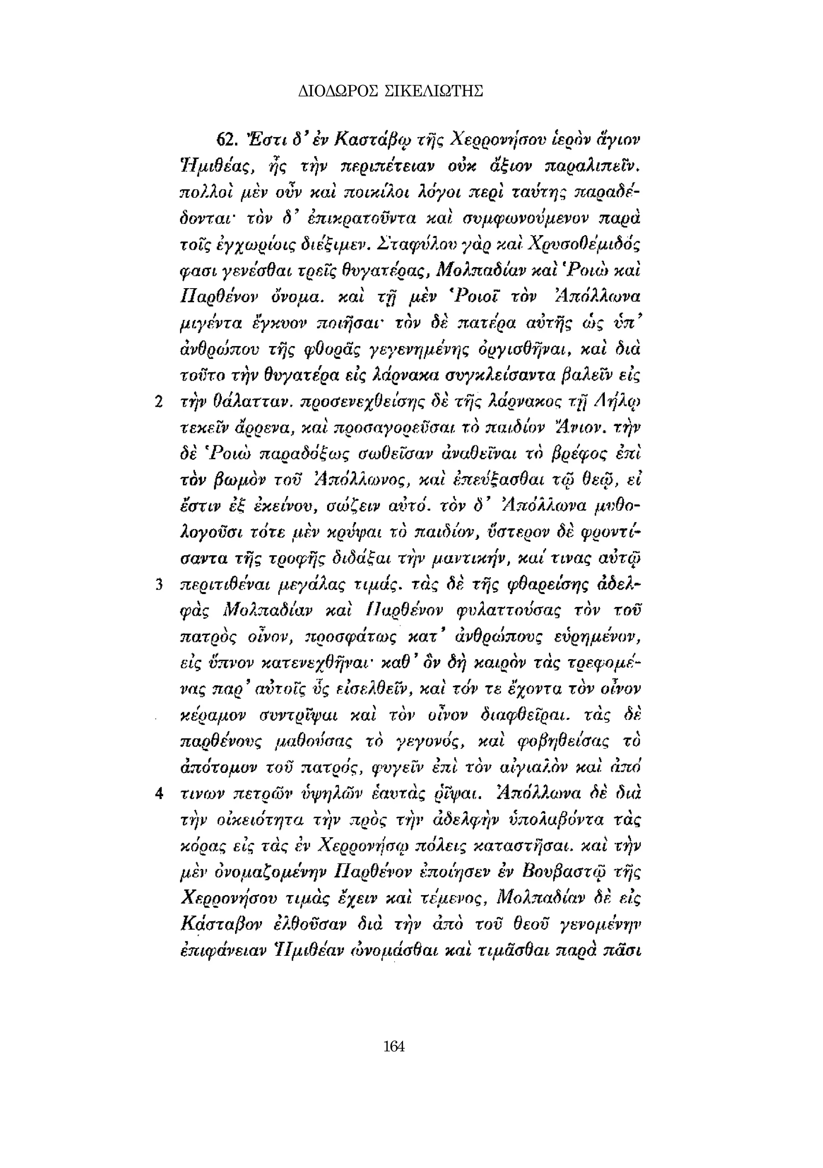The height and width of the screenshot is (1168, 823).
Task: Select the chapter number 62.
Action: click(226, 139)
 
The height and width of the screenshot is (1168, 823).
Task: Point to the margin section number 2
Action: click(158, 402)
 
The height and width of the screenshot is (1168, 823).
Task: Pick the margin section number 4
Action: click(159, 793)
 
